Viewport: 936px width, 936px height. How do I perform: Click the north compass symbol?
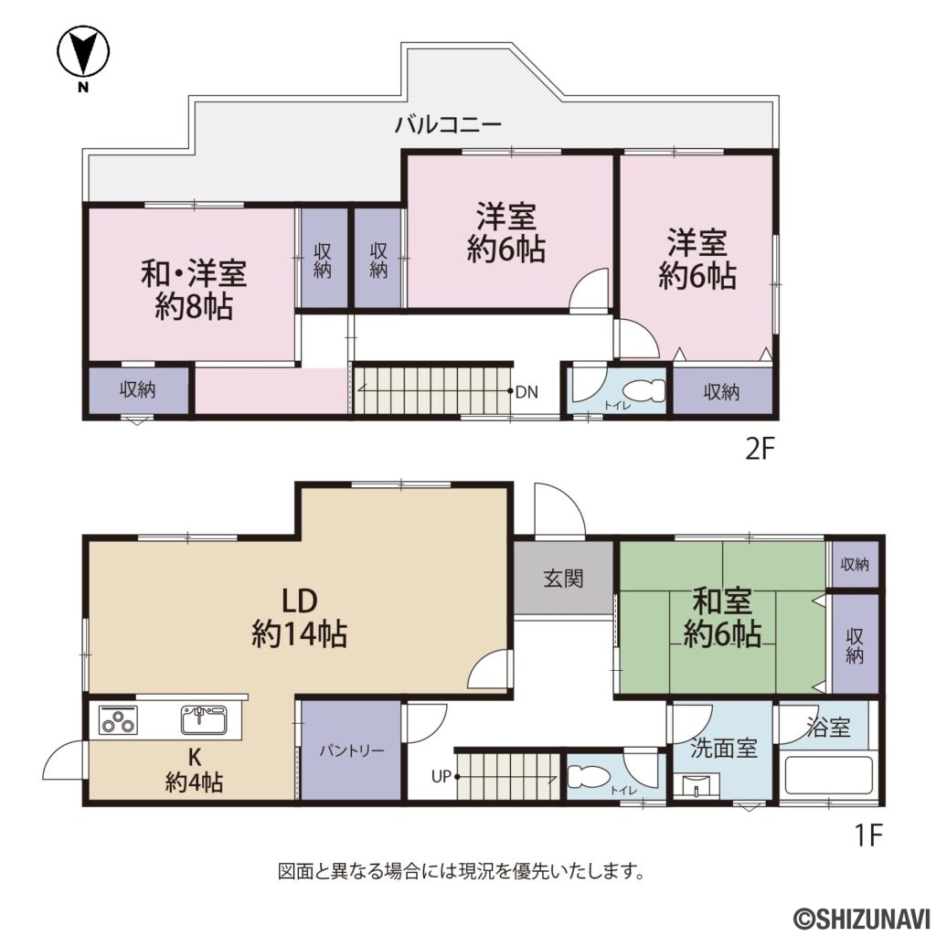point(83,54)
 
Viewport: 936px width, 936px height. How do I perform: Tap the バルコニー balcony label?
point(448,126)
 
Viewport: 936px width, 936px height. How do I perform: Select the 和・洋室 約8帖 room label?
point(194,289)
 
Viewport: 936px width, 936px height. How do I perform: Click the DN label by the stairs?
point(526,392)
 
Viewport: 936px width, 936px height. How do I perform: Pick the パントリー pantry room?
point(351,750)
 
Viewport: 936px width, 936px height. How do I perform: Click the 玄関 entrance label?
point(563,579)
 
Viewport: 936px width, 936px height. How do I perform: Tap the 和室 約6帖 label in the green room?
point(722,618)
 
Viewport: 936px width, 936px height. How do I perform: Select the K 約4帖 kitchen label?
point(195,770)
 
